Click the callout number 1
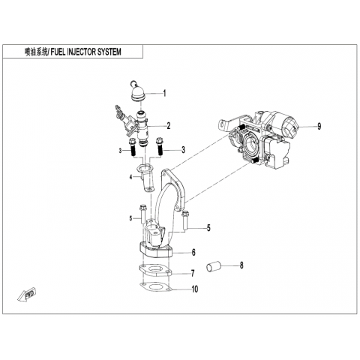pos(164,93)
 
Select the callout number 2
pos(169,125)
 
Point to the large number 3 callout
pos(184,150)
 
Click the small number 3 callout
pos(120,151)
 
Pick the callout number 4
pos(130,177)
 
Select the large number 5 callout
pos(208,228)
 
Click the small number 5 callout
pos(130,218)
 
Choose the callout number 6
pos(193,253)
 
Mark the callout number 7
pos(193,273)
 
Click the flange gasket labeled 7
pos(155,271)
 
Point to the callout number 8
pos(241,265)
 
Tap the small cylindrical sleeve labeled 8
pos(213,266)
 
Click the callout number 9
pos(319,127)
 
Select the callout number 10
pos(195,289)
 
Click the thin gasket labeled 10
pos(155,287)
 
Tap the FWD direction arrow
pos(27,295)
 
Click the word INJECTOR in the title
pos(81,52)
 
